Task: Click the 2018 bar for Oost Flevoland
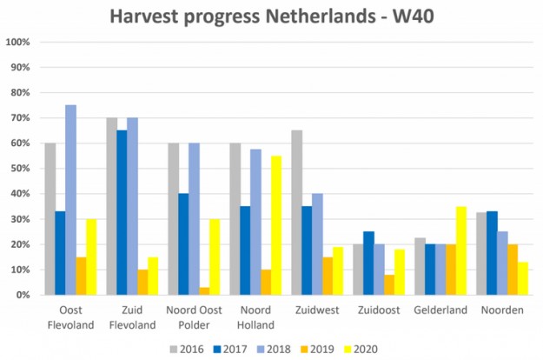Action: tap(70, 200)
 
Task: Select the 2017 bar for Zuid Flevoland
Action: tap(122, 213)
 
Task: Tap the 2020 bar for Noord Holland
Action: tap(276, 225)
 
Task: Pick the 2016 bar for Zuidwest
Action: tap(296, 213)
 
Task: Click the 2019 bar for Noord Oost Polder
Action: tap(204, 290)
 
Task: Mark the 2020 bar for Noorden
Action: tap(523, 278)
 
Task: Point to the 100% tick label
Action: tap(18, 43)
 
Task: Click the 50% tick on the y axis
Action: tap(21, 169)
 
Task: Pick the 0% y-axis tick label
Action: tap(23, 295)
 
